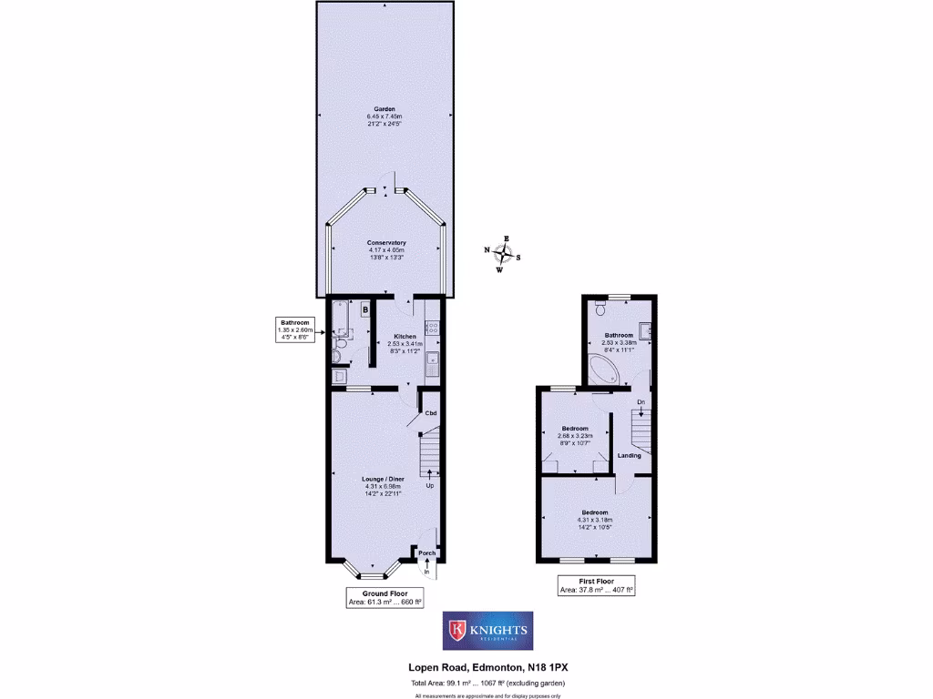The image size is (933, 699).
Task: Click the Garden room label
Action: click(x=384, y=109)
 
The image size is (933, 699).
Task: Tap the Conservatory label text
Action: click(x=386, y=242)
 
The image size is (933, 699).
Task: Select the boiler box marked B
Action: click(x=365, y=310)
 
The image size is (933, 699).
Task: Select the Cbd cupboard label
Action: click(x=431, y=414)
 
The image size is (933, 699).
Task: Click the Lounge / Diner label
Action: click(x=383, y=479)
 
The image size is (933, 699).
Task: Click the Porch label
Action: click(x=426, y=552)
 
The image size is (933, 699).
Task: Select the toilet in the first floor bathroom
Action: click(x=600, y=309)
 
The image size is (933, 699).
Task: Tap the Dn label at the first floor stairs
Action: click(x=641, y=401)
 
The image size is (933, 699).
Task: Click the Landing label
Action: click(x=629, y=455)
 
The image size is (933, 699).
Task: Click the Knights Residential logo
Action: click(x=485, y=631)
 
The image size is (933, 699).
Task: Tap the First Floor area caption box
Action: click(x=596, y=584)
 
